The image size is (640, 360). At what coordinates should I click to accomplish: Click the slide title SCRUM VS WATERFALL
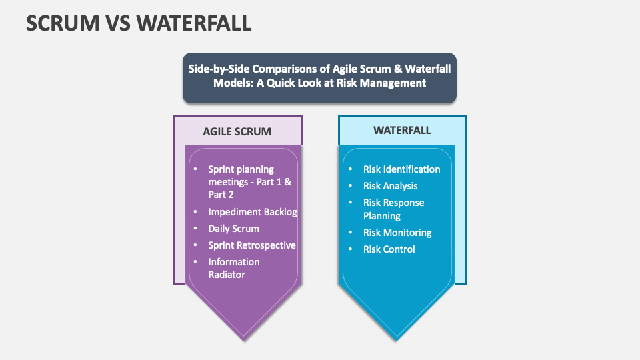(139, 23)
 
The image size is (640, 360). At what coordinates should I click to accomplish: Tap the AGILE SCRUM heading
(237, 131)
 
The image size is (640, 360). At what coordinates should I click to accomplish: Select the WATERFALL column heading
(402, 130)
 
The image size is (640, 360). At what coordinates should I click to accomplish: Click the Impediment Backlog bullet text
(253, 212)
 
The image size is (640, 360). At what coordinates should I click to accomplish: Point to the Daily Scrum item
(233, 229)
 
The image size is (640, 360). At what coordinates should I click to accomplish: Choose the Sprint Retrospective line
(252, 245)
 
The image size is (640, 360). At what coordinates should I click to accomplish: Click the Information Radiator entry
(233, 268)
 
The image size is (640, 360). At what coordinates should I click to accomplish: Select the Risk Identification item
(401, 169)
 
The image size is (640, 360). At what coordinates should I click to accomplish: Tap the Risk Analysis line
(390, 186)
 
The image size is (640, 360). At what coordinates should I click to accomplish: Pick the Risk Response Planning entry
(393, 209)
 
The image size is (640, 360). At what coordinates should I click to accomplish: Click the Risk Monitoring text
(397, 233)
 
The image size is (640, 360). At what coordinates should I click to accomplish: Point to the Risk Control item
(389, 249)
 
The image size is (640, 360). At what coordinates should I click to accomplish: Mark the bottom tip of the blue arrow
(398, 339)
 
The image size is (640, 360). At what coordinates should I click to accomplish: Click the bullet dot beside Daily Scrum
(195, 229)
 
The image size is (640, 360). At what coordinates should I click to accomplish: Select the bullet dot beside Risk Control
(351, 249)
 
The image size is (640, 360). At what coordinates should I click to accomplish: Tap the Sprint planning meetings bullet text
(249, 175)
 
